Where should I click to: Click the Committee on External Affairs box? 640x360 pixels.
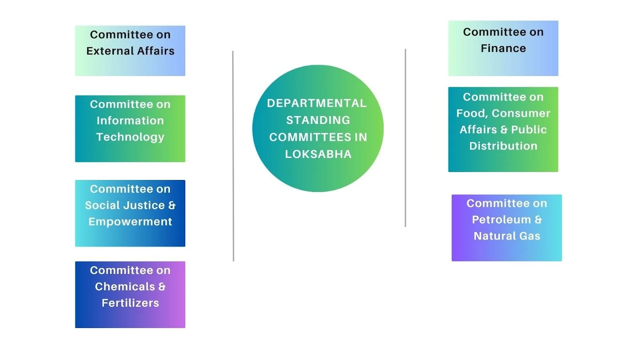click(x=130, y=50)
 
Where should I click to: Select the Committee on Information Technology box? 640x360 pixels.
click(x=130, y=128)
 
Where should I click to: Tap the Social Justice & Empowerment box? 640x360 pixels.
click(x=130, y=213)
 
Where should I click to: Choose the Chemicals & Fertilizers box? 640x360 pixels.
click(x=130, y=294)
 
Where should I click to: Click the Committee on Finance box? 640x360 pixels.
click(x=503, y=48)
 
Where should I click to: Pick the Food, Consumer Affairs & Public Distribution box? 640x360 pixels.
click(x=503, y=130)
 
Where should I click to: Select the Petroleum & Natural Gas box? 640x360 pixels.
click(x=506, y=228)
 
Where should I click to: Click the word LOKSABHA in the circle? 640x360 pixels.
click(x=318, y=154)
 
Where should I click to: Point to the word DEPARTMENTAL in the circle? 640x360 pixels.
click(x=317, y=103)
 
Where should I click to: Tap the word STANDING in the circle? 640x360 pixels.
click(x=318, y=120)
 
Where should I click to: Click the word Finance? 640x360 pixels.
click(x=503, y=48)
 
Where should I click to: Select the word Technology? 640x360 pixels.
click(x=130, y=137)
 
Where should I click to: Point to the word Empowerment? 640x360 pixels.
click(x=130, y=222)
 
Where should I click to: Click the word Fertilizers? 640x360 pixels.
click(x=130, y=303)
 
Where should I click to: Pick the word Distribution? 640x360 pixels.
click(x=504, y=146)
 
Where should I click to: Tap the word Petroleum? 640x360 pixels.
click(x=502, y=220)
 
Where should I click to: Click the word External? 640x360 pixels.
click(x=110, y=51)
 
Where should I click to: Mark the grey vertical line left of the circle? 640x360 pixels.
click(x=233, y=156)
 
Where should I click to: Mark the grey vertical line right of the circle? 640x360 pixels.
click(x=406, y=138)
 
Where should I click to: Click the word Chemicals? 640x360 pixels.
click(x=125, y=286)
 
